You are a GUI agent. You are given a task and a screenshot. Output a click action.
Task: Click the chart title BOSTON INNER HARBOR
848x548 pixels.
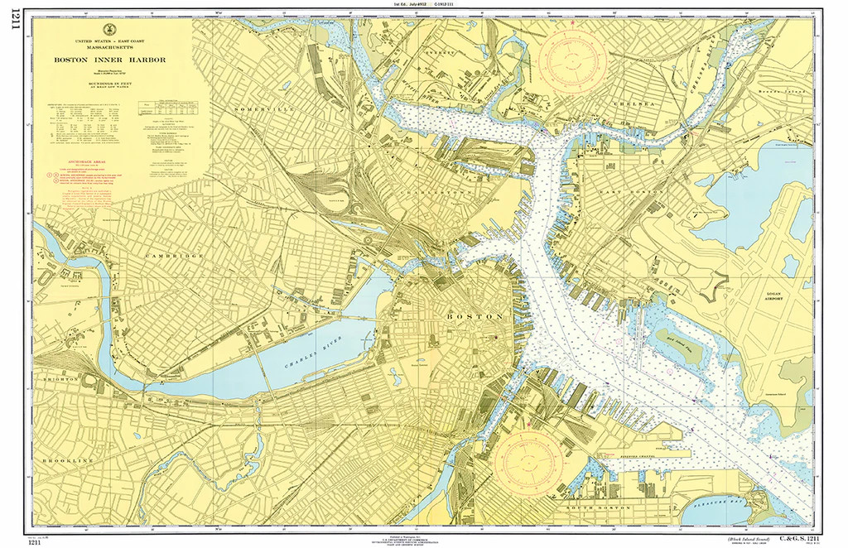click(x=111, y=60)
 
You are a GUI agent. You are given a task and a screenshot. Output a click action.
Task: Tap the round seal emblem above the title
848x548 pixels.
click(x=111, y=29)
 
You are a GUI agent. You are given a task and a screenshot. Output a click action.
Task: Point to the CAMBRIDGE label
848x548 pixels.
click(x=175, y=257)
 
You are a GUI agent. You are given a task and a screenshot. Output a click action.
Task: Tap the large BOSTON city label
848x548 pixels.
click(x=475, y=317)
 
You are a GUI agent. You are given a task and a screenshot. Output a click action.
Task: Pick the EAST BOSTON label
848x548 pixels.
click(x=621, y=193)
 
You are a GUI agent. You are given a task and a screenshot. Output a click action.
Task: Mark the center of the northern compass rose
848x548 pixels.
click(x=572, y=60)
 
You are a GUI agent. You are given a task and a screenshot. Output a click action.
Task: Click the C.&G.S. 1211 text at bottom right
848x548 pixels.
click(x=796, y=539)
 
